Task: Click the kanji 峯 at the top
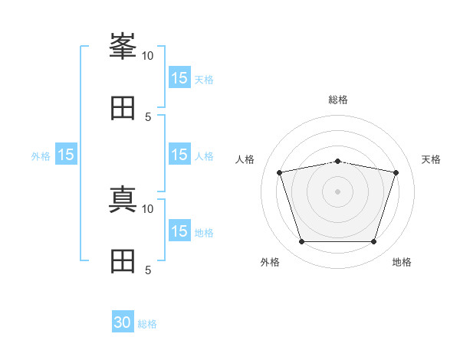click(123, 46)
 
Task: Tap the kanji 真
click(123, 199)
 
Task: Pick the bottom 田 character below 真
click(123, 260)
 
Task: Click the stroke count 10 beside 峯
click(147, 56)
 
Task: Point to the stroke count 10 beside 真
click(147, 208)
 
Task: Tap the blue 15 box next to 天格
click(179, 78)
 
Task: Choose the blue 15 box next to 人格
click(179, 155)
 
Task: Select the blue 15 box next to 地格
click(179, 231)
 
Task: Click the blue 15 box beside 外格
click(66, 155)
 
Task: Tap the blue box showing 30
click(123, 322)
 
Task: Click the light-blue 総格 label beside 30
click(147, 324)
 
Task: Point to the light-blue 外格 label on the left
click(41, 156)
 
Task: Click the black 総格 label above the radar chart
click(338, 100)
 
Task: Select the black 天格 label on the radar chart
click(431, 159)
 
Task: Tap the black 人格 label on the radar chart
click(245, 159)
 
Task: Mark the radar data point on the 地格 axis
click(374, 242)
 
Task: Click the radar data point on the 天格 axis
click(396, 172)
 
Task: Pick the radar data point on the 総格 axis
click(338, 162)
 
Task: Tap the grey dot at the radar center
click(338, 191)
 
